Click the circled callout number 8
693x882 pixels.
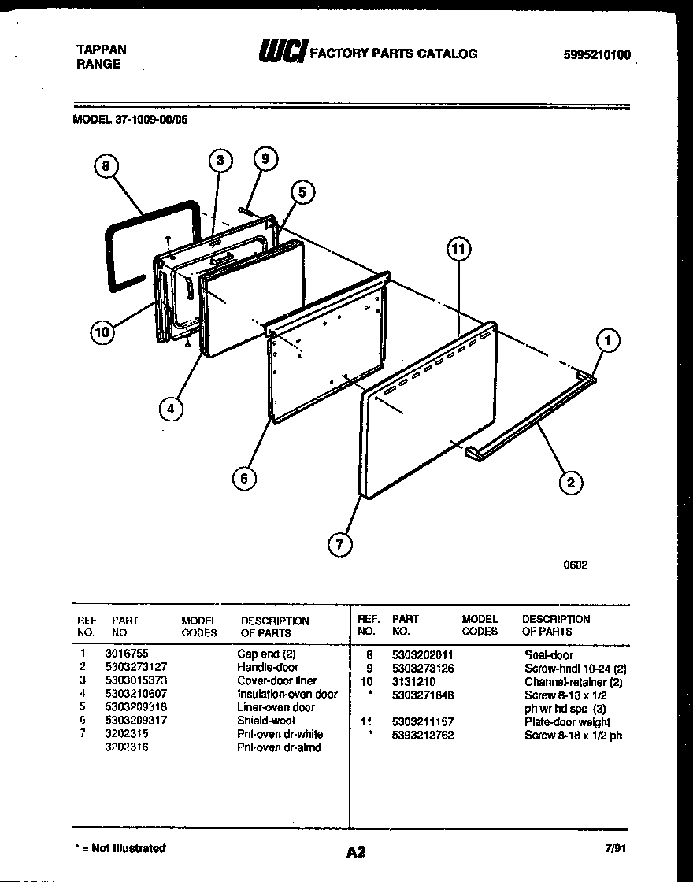click(106, 166)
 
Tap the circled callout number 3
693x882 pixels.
click(220, 161)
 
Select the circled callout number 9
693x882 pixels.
click(265, 158)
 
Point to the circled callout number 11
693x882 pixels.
click(458, 250)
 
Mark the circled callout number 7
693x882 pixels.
click(340, 544)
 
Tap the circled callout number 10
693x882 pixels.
click(102, 332)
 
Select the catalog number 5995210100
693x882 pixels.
click(597, 55)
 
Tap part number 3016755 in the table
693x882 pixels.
click(126, 654)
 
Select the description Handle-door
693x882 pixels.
click(268, 667)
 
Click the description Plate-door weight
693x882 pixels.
click(567, 722)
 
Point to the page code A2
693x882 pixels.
click(355, 851)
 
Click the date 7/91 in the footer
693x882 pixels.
click(616, 849)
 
